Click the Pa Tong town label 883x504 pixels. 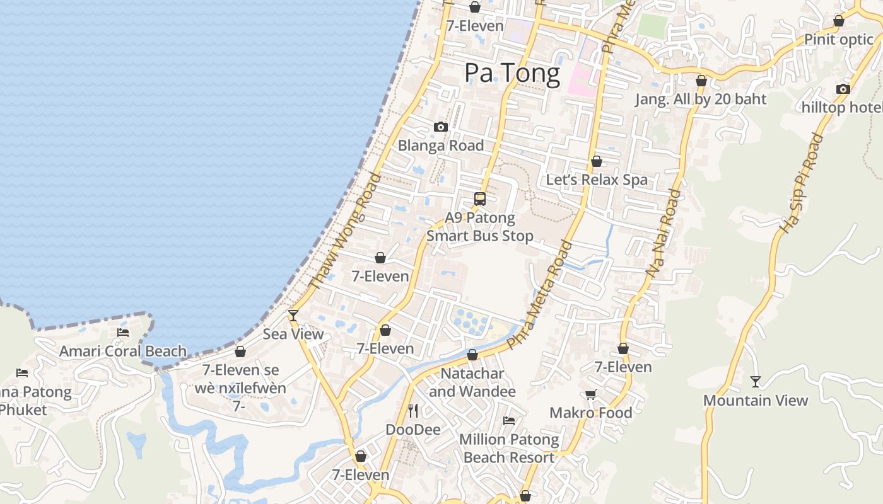(512, 73)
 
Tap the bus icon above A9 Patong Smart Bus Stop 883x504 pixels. (480, 200)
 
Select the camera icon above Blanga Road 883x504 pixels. (441, 127)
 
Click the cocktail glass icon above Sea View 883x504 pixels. (293, 315)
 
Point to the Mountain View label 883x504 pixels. (755, 401)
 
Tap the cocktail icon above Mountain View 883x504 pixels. (755, 381)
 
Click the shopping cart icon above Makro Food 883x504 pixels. (590, 394)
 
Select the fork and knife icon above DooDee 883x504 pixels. (413, 411)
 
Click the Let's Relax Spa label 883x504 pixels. (596, 180)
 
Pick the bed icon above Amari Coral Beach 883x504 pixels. (123, 333)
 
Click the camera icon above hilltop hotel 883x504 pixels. (843, 89)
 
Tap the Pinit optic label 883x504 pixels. (838, 40)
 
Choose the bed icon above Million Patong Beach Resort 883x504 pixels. (509, 421)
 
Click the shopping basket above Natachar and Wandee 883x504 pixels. (472, 355)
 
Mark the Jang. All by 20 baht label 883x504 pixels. (700, 100)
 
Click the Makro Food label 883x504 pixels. (590, 413)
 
